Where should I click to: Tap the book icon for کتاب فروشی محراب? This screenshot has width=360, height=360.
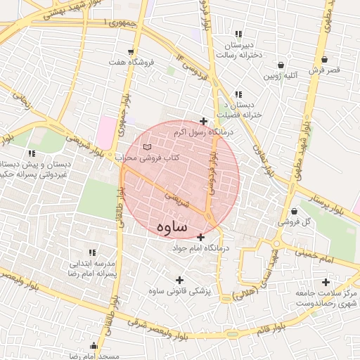pos(146,147)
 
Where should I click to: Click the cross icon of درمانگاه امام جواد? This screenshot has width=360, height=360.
pos(202,237)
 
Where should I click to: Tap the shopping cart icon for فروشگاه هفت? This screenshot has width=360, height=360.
pos(131,52)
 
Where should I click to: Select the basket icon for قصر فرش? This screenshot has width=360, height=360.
pos(324,59)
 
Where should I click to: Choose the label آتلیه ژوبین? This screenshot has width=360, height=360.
pos(281,75)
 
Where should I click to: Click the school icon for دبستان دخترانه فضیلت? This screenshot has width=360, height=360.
pos(239,94)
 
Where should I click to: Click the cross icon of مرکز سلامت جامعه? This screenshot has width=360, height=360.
pos(325,282)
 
